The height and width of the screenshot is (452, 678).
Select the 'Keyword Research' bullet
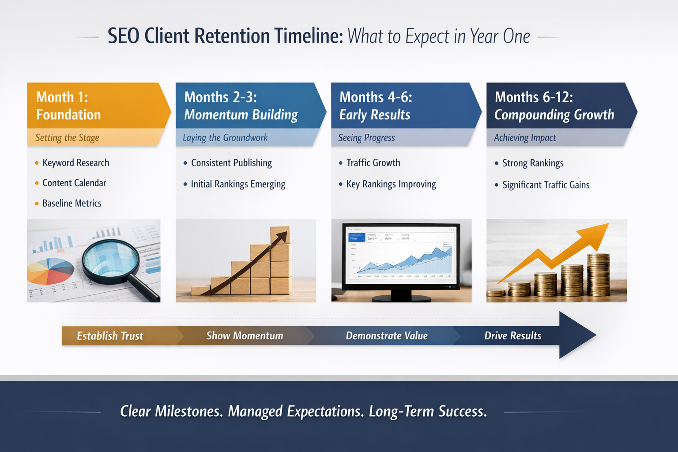75,163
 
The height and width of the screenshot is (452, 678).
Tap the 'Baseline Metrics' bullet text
72,203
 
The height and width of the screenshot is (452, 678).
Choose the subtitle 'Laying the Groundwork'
225,138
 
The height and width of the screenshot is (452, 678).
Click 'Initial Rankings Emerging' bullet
238,184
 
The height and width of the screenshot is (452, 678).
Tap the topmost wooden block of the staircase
280,235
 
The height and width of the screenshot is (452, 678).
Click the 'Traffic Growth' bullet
373,163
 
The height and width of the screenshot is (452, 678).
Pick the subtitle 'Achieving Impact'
525,138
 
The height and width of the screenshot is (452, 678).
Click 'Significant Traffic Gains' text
546,185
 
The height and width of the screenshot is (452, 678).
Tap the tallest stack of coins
599,275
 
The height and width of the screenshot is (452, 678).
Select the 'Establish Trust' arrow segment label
110,336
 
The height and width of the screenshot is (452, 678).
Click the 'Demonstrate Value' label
387,336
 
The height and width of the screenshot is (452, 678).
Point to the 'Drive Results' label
512,336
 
